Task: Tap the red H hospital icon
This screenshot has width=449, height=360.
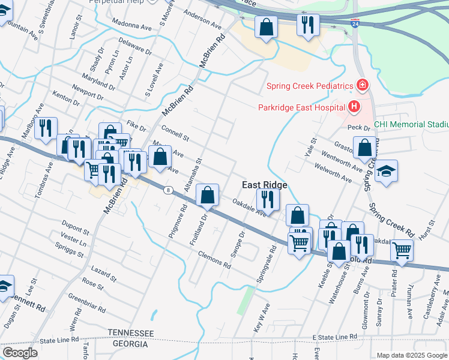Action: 354,107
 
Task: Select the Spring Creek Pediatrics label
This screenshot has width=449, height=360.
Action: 309,86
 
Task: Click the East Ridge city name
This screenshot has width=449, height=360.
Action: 264,185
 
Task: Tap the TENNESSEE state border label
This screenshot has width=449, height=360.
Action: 131,333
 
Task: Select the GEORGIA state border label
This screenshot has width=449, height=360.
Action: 130,344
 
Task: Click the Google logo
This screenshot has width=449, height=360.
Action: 20,353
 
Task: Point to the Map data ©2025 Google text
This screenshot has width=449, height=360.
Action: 411,355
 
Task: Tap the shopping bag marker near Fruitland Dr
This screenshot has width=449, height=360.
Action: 207,194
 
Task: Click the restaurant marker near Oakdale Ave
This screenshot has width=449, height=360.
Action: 268,199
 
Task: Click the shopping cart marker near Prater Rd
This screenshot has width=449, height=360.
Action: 402,250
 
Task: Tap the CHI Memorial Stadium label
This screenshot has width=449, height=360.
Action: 411,125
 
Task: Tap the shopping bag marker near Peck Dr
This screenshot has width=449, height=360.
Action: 364,147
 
